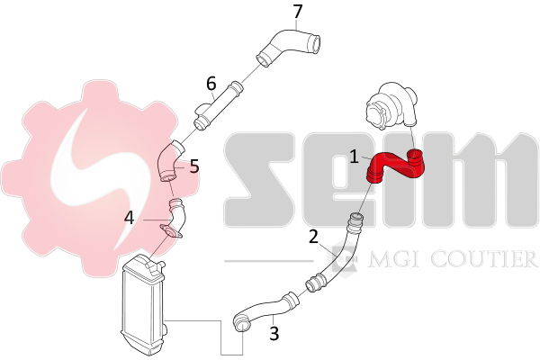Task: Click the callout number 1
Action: click(354, 157)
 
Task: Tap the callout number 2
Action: click(313, 237)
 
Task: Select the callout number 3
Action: click(274, 333)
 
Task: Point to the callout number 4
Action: click(129, 218)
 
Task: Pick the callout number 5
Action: click(194, 166)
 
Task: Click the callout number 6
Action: click(211, 84)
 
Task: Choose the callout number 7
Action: click(297, 12)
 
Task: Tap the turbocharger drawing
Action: click(392, 106)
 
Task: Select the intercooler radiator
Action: click(143, 305)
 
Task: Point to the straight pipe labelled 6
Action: click(218, 105)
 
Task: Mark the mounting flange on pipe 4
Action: click(171, 232)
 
